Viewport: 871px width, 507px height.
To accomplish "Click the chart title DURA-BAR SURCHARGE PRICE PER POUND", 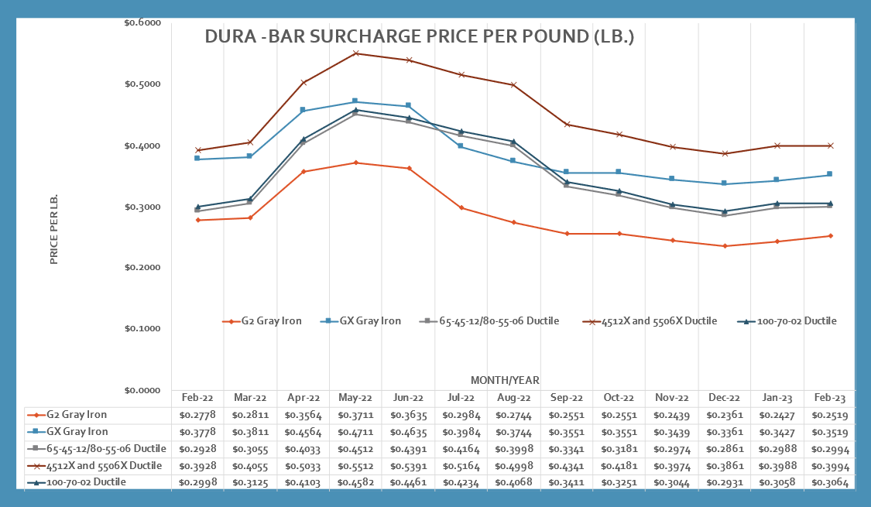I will pos(419,37).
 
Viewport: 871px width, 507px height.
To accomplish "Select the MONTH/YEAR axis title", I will pos(505,380).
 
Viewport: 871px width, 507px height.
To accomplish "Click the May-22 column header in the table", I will pos(355,397).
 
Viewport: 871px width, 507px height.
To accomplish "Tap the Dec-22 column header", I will pos(725,397).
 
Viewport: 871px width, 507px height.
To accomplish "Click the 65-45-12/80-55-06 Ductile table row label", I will pos(96,448).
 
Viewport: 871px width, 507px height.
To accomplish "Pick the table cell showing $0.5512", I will pos(355,465).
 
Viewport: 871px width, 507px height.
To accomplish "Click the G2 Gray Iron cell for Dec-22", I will pos(725,414).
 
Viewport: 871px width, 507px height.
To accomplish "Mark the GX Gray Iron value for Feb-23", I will pos(830,431).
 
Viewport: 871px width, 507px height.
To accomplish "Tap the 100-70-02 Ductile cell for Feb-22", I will pos(197,482).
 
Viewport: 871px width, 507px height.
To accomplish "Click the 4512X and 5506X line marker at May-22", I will pos(355,53).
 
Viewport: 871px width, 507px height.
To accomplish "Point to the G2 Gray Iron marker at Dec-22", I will pos(725,246).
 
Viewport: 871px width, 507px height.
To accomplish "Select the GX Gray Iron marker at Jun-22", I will pos(408,106).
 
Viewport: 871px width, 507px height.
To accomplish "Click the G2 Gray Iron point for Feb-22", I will pos(197,220).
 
